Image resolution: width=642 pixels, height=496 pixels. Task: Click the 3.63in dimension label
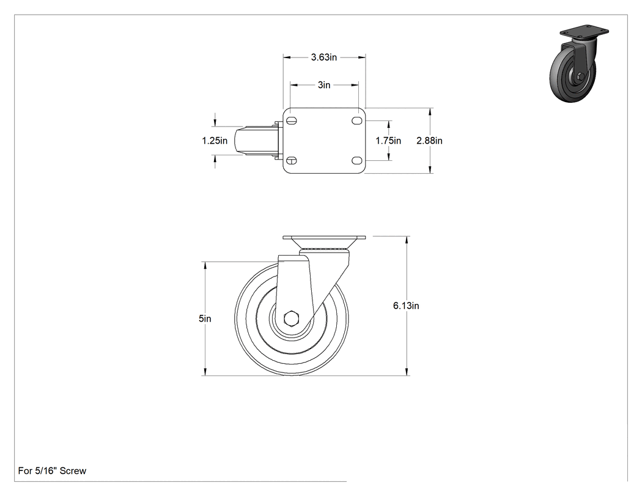324,57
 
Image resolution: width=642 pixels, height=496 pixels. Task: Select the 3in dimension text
324,85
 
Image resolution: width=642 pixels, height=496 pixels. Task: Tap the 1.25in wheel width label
215,141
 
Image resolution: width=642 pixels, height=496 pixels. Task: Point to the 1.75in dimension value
388,141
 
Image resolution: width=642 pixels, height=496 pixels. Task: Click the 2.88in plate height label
429,141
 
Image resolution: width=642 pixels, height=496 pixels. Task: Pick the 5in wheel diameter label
205,319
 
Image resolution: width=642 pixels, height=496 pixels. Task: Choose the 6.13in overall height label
406,306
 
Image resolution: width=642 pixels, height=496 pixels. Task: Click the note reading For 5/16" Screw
53,471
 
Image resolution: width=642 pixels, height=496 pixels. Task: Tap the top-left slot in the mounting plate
291,121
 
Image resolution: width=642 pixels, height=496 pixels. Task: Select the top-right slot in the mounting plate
356,121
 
